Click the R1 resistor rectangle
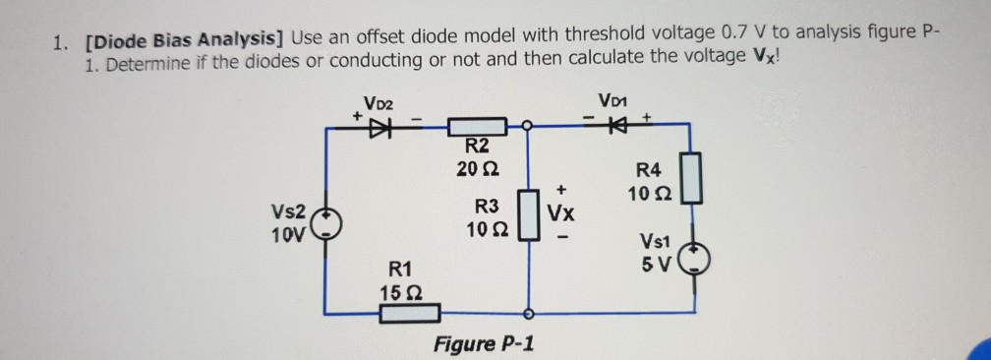coord(409,314)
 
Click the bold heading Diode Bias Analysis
coord(184,40)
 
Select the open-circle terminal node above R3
coord(529,127)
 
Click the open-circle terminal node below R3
coord(529,314)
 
